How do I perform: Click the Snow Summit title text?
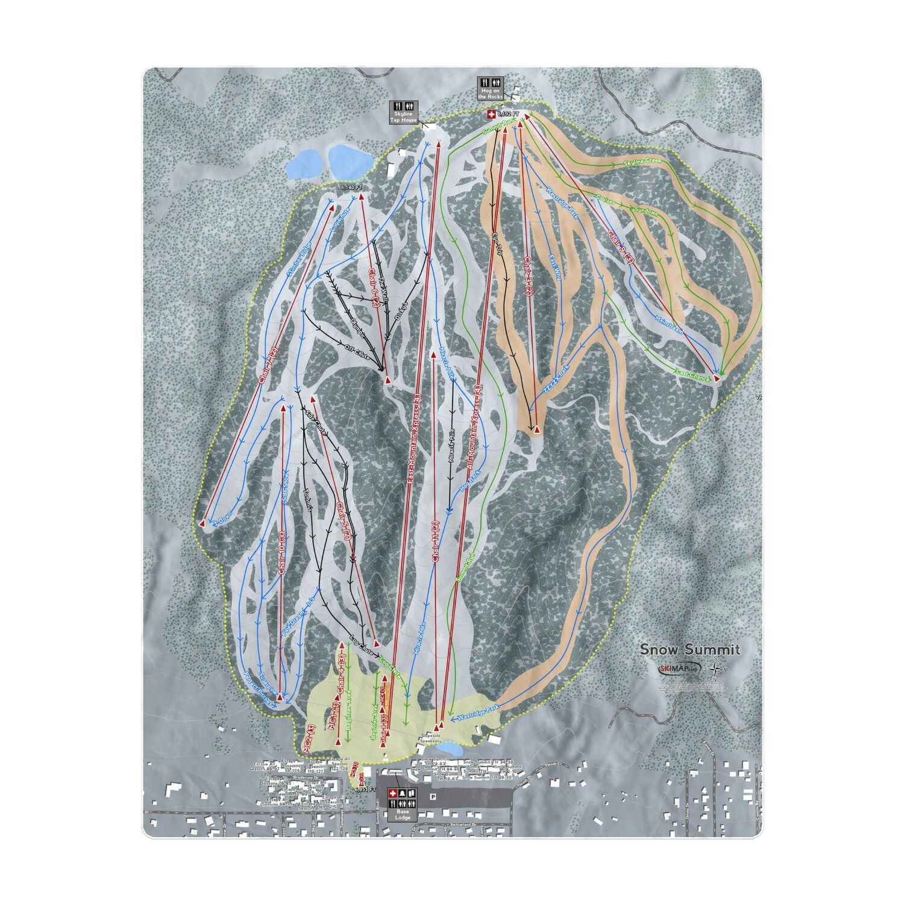[689, 649]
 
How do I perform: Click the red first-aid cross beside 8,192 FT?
[491, 114]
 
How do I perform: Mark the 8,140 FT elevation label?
[353, 187]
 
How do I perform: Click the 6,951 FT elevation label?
[365, 789]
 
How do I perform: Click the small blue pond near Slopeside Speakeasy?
[450, 749]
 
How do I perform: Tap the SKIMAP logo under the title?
[677, 668]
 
